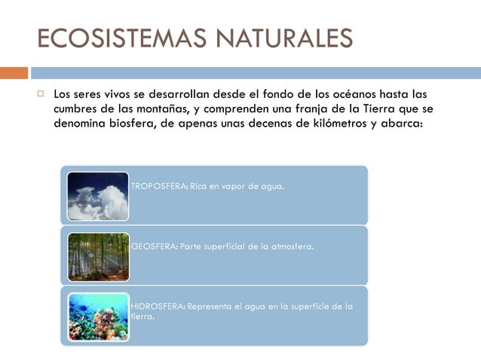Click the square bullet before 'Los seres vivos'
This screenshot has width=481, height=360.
click(x=41, y=95)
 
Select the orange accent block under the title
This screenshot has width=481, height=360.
click(x=14, y=73)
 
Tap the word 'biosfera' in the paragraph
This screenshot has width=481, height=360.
click(x=128, y=124)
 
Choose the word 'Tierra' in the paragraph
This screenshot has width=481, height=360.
click(x=375, y=109)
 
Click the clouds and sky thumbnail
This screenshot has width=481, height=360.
click(x=98, y=196)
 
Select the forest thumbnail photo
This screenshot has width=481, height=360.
click(x=98, y=257)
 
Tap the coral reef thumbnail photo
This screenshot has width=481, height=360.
click(x=98, y=316)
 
